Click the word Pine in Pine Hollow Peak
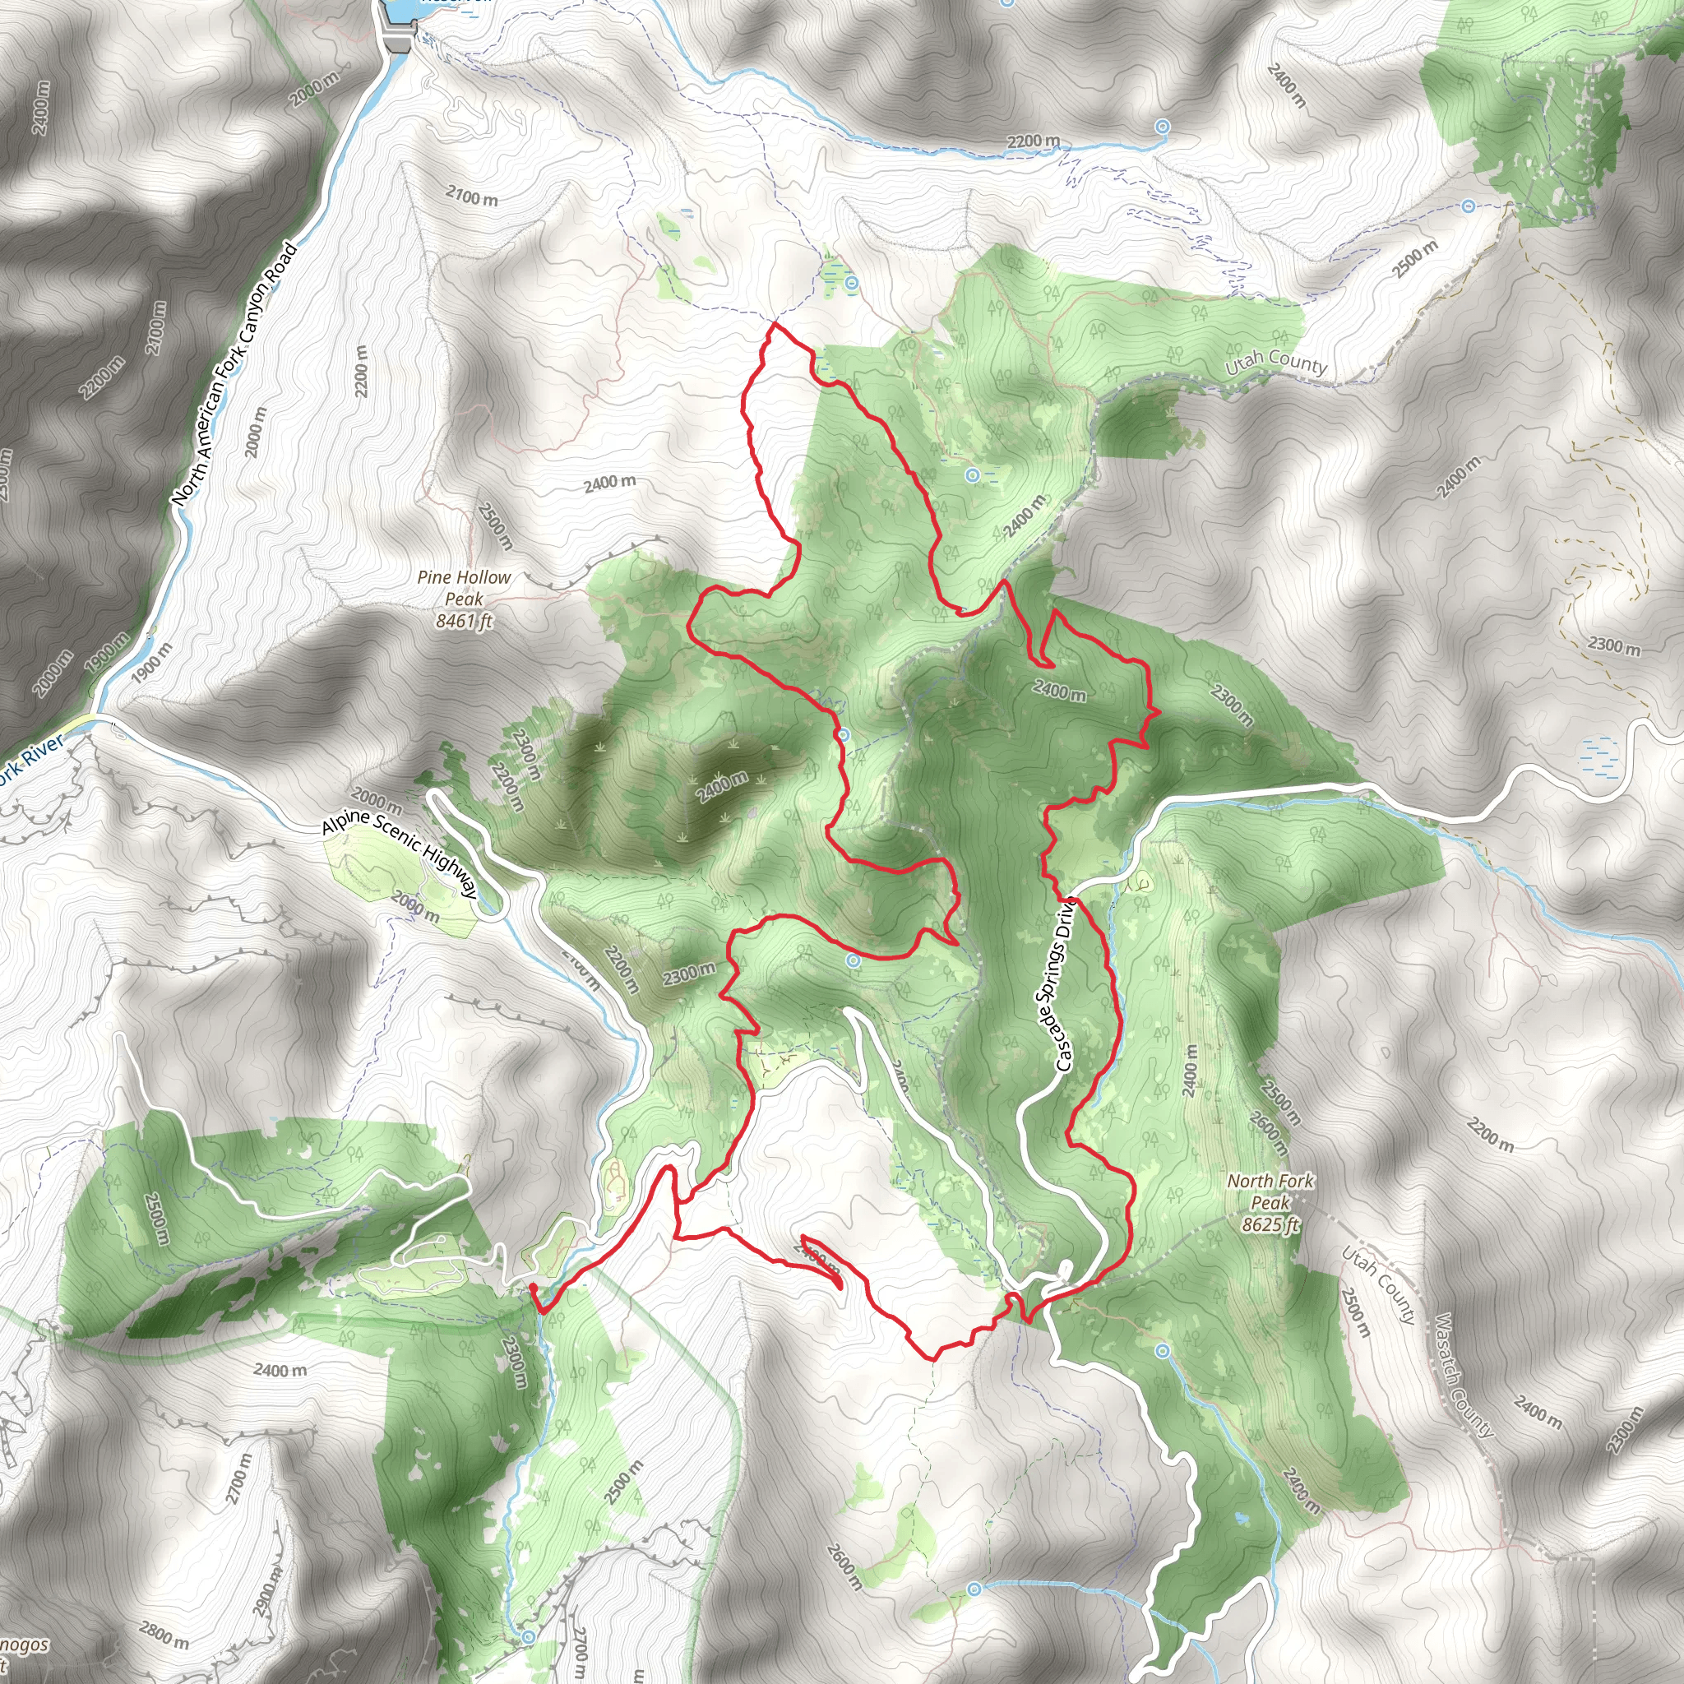pyautogui.click(x=434, y=577)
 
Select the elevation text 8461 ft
pyautogui.click(x=464, y=621)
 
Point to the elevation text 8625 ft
pyautogui.click(x=1270, y=1224)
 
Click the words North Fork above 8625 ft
pyautogui.click(x=1270, y=1181)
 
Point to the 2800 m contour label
pyautogui.click(x=164, y=1635)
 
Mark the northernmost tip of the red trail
pyautogui.click(x=774, y=323)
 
